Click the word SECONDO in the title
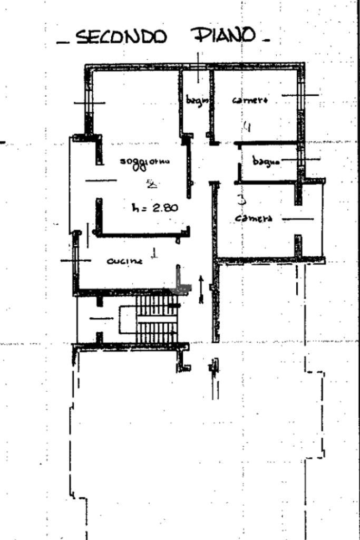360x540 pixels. pyautogui.click(x=121, y=37)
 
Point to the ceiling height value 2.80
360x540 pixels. pyautogui.click(x=165, y=207)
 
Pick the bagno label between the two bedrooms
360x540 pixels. pyautogui.click(x=266, y=161)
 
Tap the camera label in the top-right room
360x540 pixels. pyautogui.click(x=250, y=100)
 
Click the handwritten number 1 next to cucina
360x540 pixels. pyautogui.click(x=154, y=254)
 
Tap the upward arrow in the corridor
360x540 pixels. pyautogui.click(x=201, y=288)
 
